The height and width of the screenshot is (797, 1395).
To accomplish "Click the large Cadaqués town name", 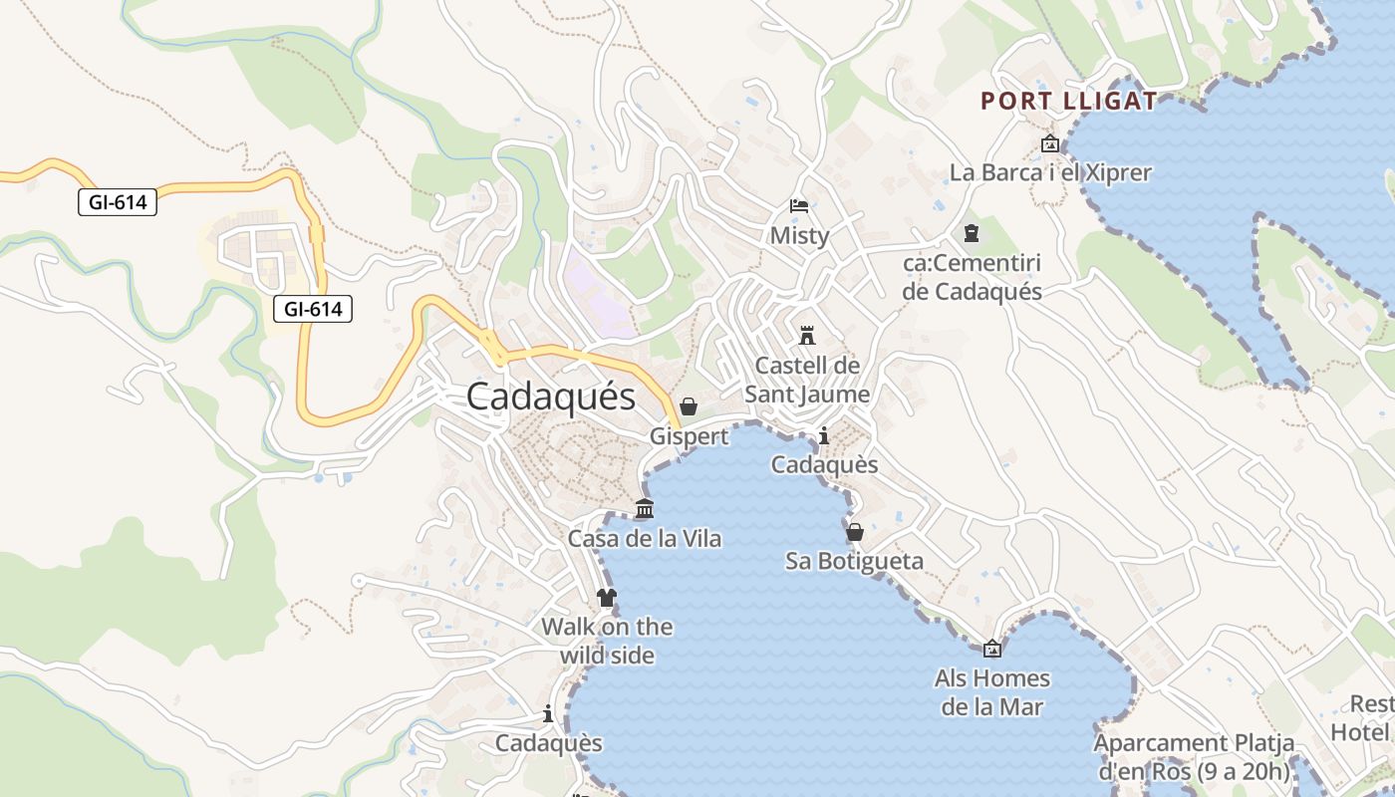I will click(550, 397).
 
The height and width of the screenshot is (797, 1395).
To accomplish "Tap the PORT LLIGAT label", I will click(1069, 101).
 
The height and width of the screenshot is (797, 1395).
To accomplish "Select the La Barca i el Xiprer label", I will click(1050, 172).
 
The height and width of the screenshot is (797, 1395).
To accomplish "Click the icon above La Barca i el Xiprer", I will click(1049, 144).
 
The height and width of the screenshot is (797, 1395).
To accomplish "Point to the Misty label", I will click(799, 235).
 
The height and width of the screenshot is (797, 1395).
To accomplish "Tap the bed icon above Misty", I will click(799, 206).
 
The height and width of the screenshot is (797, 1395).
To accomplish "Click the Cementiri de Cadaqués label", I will click(972, 277).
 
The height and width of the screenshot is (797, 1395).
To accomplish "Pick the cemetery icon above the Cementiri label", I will click(972, 233).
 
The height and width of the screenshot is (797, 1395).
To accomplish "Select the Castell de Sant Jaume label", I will click(807, 380).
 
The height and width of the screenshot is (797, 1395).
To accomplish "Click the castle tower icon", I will click(807, 335).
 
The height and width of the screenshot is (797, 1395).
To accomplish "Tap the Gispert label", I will click(689, 436).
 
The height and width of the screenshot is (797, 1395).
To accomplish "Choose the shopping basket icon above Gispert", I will click(689, 406).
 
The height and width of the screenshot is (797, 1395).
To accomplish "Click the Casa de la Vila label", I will click(645, 538).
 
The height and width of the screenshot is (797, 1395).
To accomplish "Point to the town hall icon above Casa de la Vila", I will click(645, 509).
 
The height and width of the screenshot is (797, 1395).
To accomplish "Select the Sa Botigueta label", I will click(854, 561).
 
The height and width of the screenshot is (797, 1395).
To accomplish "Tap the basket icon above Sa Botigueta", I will click(854, 532).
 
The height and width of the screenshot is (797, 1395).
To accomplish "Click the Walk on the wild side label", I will click(607, 641).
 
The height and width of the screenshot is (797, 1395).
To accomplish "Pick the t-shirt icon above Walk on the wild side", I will click(607, 598).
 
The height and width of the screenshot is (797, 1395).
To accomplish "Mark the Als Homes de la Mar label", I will click(992, 692).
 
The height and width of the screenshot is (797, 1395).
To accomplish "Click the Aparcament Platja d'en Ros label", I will click(1194, 757).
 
